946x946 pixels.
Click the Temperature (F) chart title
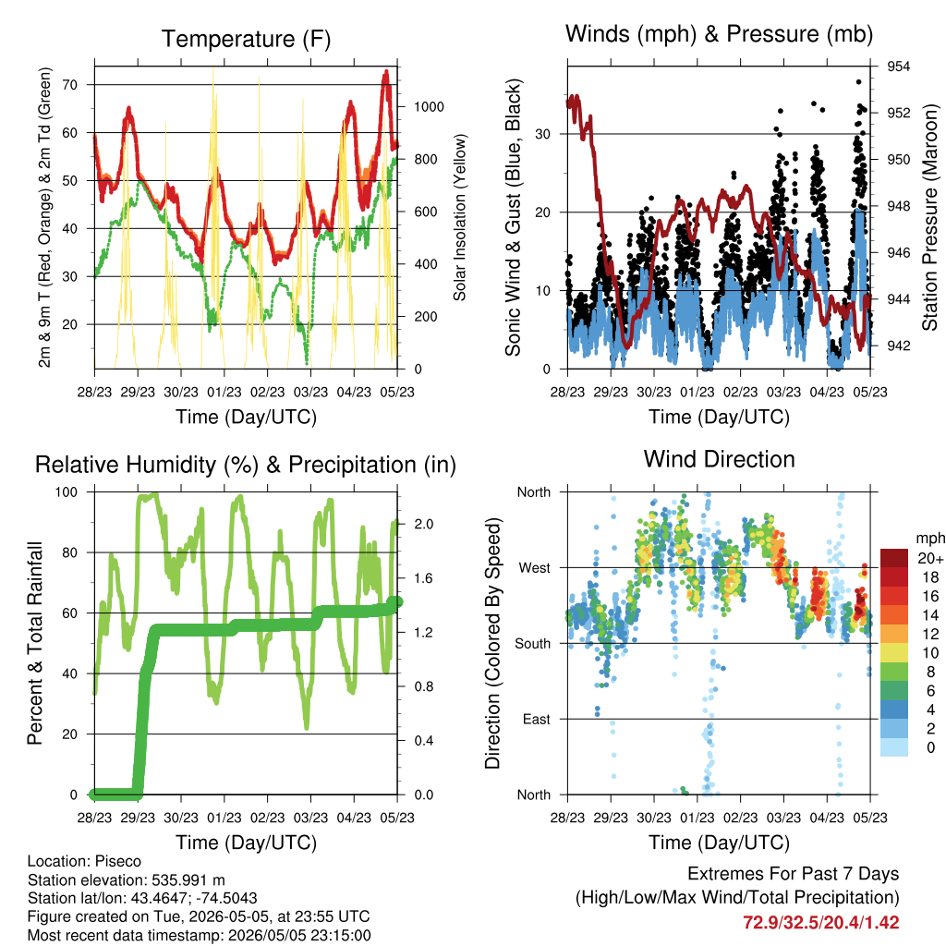coord(246,39)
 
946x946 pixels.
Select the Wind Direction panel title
coord(719,459)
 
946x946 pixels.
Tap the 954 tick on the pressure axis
coord(898,67)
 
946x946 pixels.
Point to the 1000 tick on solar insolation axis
coord(429,107)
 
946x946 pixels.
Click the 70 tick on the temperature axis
coord(70,84)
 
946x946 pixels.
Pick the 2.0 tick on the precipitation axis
coord(423,524)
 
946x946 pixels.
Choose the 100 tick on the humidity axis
coord(67,491)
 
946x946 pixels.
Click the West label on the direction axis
coord(535,568)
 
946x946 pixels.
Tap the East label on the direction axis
coord(537,719)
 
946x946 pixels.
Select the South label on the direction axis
coord(533,644)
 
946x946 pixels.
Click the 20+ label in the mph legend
coord(930,558)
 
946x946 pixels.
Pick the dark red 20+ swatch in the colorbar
coord(894,558)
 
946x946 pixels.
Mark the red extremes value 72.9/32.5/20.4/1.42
coord(820,923)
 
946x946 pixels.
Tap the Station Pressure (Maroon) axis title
coord(929,217)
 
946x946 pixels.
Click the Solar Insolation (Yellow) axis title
coord(460,217)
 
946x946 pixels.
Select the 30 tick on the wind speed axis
coord(542,134)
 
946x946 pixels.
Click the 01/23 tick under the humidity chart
coord(224,818)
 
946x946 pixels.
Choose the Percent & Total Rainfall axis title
coord(35,643)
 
